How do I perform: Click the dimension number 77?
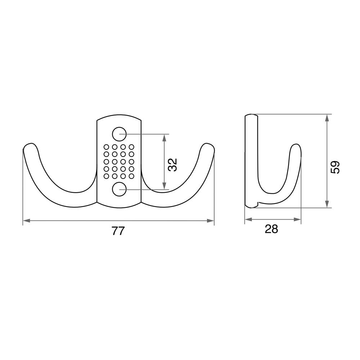coord(118,231)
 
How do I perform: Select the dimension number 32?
coord(173,165)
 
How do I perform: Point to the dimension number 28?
coord(271,229)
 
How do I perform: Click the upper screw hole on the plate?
coord(119,134)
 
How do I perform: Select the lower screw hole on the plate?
coord(119,189)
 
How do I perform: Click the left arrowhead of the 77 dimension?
coord(26,221)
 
